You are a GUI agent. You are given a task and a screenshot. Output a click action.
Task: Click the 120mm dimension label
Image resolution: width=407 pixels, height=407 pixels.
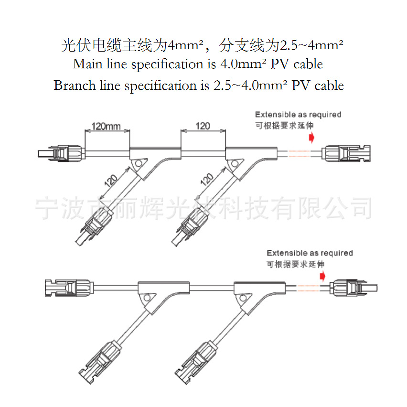click(x=107, y=127)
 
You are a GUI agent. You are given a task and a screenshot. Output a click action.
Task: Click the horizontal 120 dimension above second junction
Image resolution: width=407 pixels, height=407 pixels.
click(x=203, y=126)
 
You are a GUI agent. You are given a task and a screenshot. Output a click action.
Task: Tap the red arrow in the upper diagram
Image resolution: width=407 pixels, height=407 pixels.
click(x=311, y=138)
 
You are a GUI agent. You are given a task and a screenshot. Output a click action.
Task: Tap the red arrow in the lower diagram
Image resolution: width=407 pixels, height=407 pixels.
click(x=323, y=276)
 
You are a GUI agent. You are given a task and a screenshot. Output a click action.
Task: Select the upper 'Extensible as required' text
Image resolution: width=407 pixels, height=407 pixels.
click(x=298, y=115)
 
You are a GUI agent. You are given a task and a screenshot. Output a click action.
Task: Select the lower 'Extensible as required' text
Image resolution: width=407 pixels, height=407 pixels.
click(x=310, y=253)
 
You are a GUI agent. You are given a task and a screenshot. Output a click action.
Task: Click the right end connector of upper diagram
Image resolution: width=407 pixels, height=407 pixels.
click(x=346, y=153)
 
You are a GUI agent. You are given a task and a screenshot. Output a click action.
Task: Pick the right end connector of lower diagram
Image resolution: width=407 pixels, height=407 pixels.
click(x=353, y=288)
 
